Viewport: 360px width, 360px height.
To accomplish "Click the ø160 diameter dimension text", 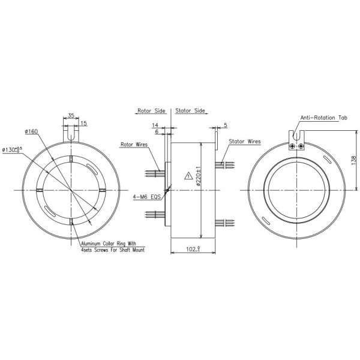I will [32, 131].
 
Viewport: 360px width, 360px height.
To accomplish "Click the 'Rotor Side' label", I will [151, 111].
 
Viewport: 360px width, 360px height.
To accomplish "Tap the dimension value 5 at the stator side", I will [224, 126].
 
